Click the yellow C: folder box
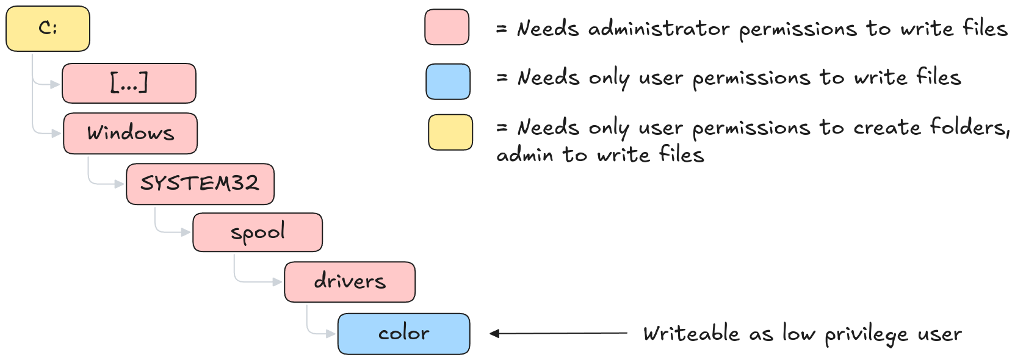coord(48,29)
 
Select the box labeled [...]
coord(129,83)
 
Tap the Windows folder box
coord(130,133)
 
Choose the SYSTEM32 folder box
coord(200,184)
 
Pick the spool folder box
coord(258,232)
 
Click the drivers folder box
coord(350,282)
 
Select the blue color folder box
coord(403,334)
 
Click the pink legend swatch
coord(447,27)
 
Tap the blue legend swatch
coord(448,82)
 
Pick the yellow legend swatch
coord(450,132)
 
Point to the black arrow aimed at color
coord(558,333)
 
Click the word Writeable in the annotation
coord(692,334)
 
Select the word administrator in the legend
coord(659,29)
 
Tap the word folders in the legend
coord(969,127)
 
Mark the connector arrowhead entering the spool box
coord(186,232)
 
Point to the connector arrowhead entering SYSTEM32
coord(120,184)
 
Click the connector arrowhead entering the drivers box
coord(278,282)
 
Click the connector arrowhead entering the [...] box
coord(56,84)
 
